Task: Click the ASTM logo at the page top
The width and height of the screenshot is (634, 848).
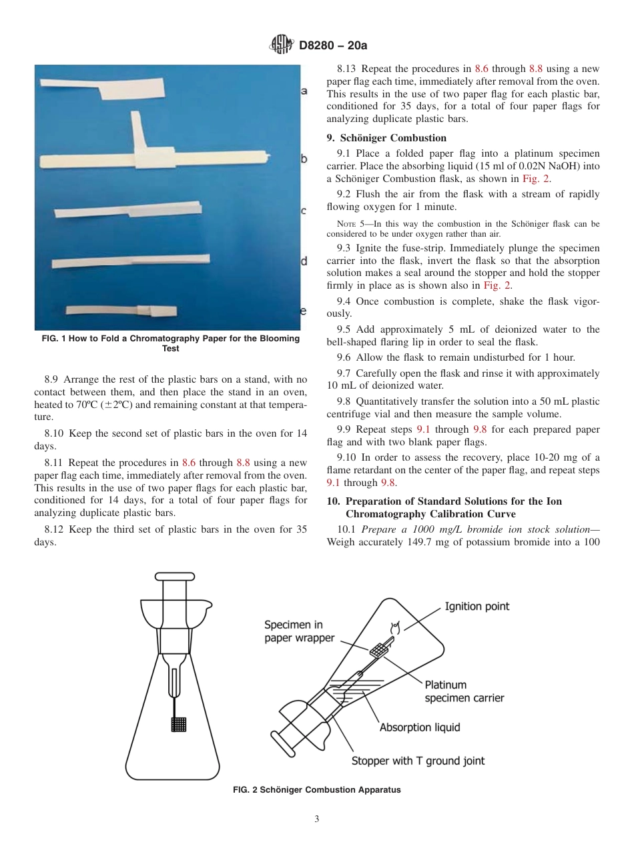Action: click(x=281, y=45)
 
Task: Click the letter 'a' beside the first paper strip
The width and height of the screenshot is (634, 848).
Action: click(x=304, y=91)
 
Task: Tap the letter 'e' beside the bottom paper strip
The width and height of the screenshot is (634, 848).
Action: click(x=304, y=311)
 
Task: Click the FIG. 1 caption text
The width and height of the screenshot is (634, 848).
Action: click(x=171, y=343)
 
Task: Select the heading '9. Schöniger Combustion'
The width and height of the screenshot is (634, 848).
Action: click(x=386, y=138)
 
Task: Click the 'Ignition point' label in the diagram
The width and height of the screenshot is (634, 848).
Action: click(x=477, y=606)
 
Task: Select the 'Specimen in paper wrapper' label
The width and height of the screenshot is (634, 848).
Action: click(x=298, y=631)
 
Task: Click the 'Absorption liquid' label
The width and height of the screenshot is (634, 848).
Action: click(x=419, y=727)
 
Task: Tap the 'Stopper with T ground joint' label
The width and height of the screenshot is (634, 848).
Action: click(x=418, y=760)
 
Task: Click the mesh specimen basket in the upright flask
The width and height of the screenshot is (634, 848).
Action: click(x=179, y=724)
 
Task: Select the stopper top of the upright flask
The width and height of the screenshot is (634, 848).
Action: click(x=174, y=577)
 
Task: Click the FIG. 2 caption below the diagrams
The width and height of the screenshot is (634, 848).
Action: click(x=316, y=789)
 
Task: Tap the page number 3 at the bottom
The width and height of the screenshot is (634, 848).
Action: click(x=317, y=819)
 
